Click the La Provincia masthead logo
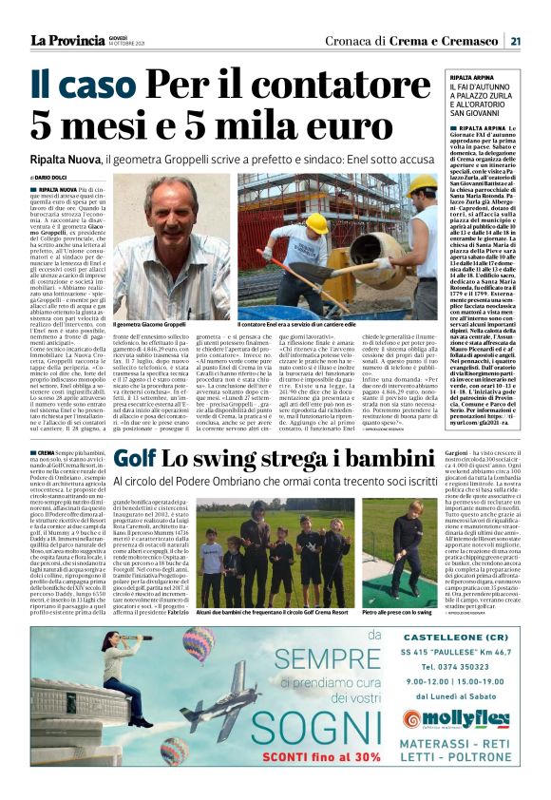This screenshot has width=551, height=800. (69, 41)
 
